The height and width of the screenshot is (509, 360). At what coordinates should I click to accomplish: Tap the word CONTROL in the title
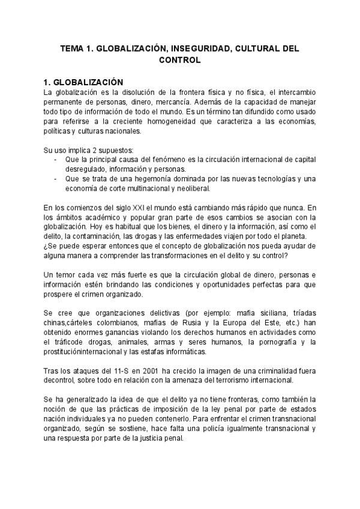[x=179, y=60]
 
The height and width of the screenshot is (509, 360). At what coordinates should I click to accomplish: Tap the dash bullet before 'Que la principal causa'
[x=55, y=160]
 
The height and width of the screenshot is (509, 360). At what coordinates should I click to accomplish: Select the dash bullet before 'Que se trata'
[x=55, y=179]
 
